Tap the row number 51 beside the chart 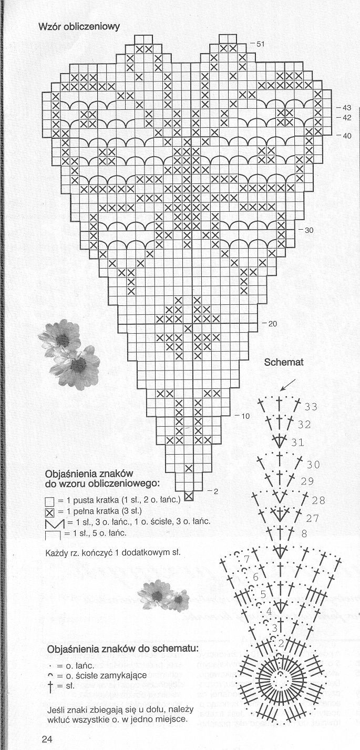click(x=260, y=44)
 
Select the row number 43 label click(x=347, y=108)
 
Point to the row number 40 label click(x=347, y=136)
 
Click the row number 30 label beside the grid click(x=308, y=230)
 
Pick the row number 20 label click(x=272, y=324)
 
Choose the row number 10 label click(x=245, y=416)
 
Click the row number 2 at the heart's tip click(x=214, y=491)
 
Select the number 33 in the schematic click(x=311, y=407)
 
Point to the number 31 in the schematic click(x=297, y=443)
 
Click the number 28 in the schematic click(x=318, y=500)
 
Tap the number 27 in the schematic click(x=313, y=518)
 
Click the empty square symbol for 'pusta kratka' click(x=50, y=501)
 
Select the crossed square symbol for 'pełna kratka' click(x=50, y=512)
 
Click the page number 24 click(x=47, y=739)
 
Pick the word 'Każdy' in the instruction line click(x=56, y=553)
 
